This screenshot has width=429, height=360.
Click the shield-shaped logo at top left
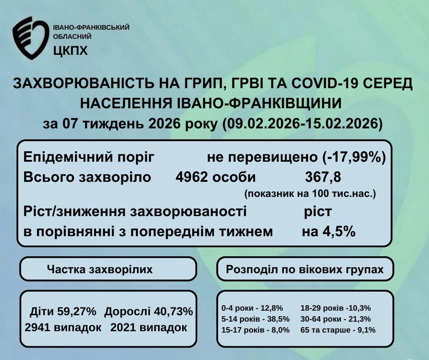coord(31,38)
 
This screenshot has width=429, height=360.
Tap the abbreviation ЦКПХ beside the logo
coord(70,51)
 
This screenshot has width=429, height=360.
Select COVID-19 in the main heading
coord(324,83)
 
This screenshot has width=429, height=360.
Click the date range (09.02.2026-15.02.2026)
coord(302,124)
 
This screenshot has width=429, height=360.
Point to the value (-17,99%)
coord(354,157)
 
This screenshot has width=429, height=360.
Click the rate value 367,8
coord(323,177)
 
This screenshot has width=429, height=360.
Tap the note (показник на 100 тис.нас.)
coord(310,194)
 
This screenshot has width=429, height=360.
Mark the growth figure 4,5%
coord(339,232)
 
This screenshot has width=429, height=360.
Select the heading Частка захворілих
coord(99,270)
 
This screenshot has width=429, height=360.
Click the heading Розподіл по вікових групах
coord(305,270)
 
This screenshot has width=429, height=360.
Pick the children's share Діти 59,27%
coord(63,312)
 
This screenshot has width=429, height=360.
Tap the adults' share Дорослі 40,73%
coord(149,312)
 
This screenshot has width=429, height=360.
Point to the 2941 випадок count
coord(63,328)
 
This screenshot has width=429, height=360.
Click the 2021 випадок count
coord(149,328)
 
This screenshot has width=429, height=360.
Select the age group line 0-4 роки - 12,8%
coord(252,308)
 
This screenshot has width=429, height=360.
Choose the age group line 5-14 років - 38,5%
coord(255,319)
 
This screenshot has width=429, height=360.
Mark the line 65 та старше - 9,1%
coord(338,330)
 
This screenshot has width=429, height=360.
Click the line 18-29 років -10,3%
coord(336,308)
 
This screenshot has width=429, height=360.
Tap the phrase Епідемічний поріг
coord(89,158)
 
